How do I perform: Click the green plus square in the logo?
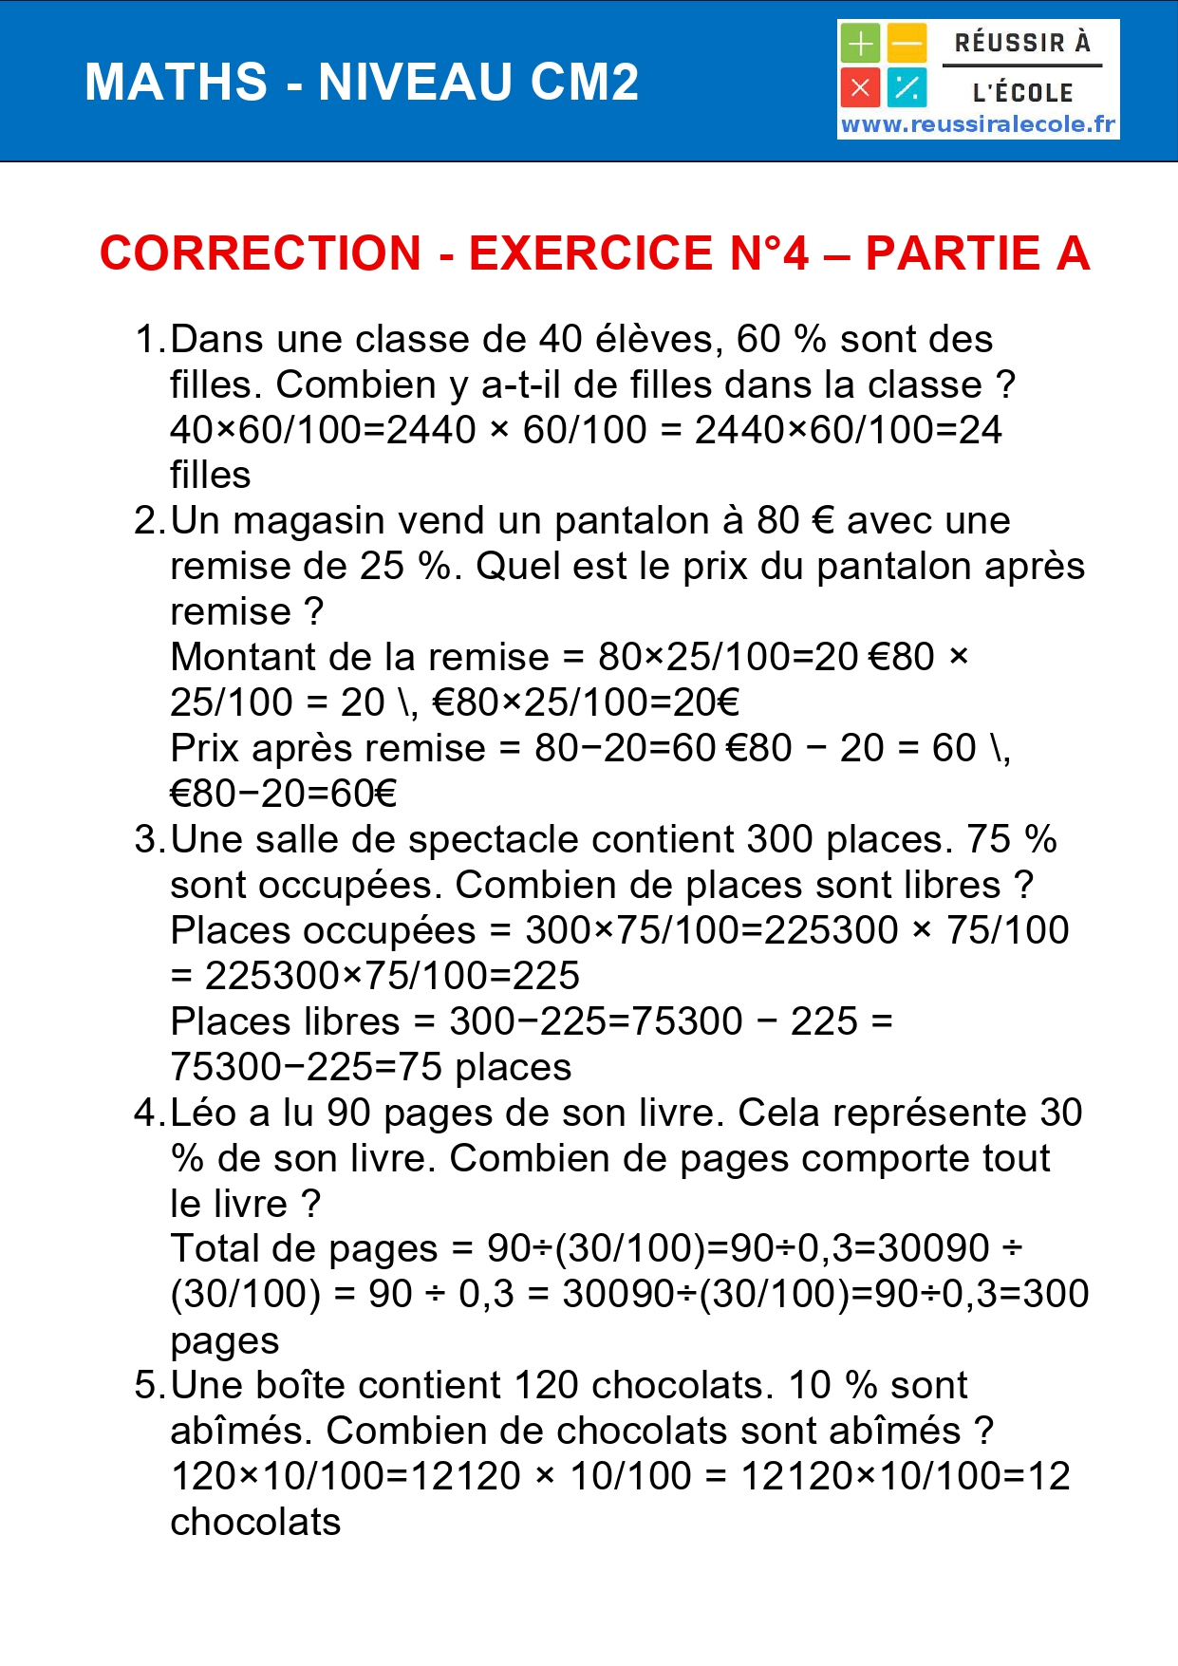860,44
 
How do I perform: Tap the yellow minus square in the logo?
907,44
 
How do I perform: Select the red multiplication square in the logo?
860,88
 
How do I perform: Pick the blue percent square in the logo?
907,88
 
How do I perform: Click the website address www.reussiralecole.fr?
978,124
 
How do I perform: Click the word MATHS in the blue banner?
177,83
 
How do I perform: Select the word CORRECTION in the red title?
260,253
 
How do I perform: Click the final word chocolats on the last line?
255,1523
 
